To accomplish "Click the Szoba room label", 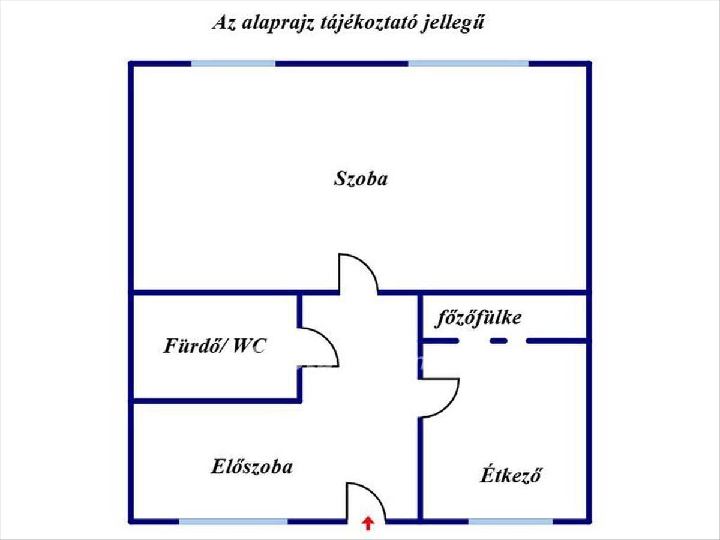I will coord(361,179).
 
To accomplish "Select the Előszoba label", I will coord(252,467).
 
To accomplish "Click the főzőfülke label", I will coord(478,317).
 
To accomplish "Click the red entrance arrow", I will coord(367,524).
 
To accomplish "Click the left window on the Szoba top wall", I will coord(233,63).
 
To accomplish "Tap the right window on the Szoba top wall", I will coord(469,63).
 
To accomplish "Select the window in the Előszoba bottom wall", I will coord(233,521).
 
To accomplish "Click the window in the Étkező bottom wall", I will coord(511,521).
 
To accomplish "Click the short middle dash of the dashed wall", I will coord(499,341).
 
